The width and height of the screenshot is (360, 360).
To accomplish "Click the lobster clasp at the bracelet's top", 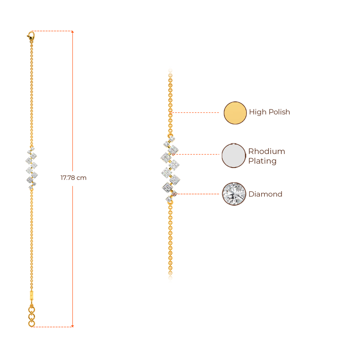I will [31, 35].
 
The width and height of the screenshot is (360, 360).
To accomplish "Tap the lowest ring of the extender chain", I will [32, 323].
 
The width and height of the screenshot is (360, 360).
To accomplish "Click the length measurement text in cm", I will [73, 178].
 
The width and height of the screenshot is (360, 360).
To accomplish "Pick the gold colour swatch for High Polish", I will [235, 113].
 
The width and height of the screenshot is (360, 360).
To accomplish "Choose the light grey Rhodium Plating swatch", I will [233, 155].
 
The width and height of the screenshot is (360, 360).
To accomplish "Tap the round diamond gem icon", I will [234, 194].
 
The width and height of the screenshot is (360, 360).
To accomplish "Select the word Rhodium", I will [266, 152].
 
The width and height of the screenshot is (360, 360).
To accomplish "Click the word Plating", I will [262, 161].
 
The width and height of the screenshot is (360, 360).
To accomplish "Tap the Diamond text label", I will [265, 194].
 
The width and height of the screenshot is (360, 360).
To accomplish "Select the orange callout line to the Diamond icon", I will [199, 194].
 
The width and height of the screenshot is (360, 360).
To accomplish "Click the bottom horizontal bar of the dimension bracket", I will [54, 326].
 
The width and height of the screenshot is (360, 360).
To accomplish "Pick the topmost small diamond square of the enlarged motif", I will [172, 139].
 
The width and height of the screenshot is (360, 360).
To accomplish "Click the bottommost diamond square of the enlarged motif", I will [169, 199].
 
